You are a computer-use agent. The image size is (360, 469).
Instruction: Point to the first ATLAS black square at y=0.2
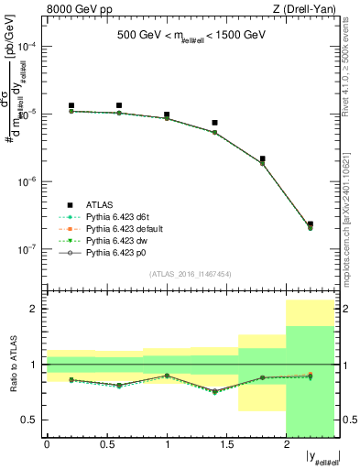71,106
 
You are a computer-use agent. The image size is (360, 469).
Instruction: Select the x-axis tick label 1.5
226,445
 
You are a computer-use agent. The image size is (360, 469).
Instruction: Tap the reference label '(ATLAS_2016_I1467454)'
190,274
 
